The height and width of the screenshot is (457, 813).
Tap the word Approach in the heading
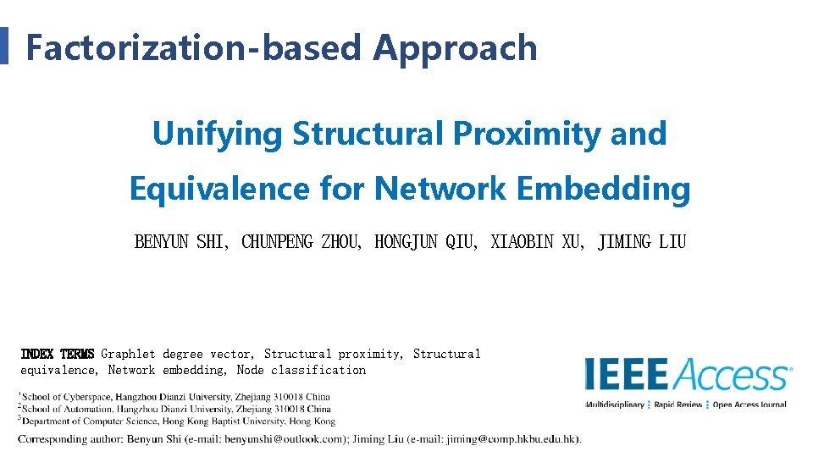456,48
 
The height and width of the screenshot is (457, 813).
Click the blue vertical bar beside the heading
3,46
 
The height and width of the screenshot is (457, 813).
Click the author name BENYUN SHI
180,243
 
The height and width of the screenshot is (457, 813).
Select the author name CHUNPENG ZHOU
301,243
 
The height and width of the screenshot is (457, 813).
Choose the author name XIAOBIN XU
538,243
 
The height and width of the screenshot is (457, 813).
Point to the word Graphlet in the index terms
128,354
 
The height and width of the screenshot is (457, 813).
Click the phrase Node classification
301,370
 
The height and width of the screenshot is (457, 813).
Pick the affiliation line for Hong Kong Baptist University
179,421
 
